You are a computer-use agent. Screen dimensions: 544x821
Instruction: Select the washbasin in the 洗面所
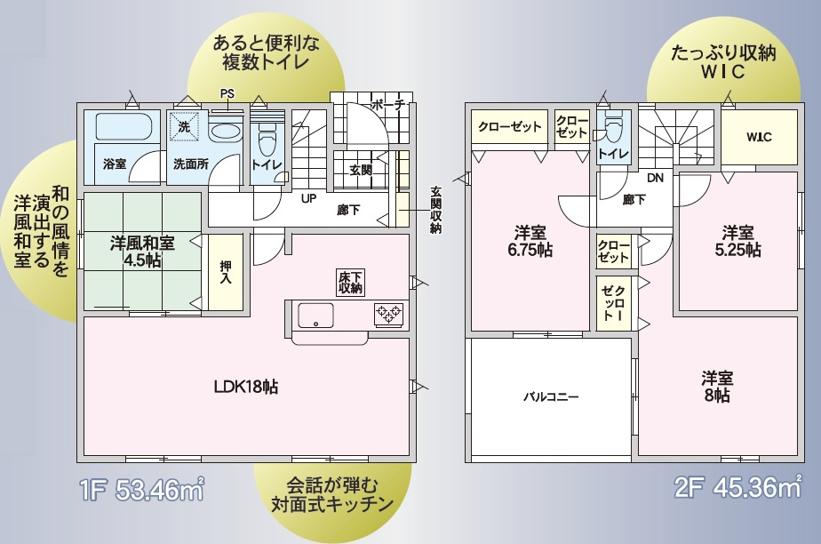225,132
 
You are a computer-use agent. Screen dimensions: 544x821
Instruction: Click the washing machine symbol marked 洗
184,127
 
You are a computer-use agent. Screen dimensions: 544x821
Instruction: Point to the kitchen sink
315,315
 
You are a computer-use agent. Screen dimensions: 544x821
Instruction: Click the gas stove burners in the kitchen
389,313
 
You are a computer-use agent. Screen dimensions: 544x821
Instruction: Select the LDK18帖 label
246,387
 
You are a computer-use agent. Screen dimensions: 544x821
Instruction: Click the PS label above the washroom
227,93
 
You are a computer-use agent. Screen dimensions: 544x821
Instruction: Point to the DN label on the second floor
655,178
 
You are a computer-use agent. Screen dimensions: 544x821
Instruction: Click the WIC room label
758,138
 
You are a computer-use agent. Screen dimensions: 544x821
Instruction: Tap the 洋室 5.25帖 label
738,241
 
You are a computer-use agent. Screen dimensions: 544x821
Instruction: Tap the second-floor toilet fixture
614,130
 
